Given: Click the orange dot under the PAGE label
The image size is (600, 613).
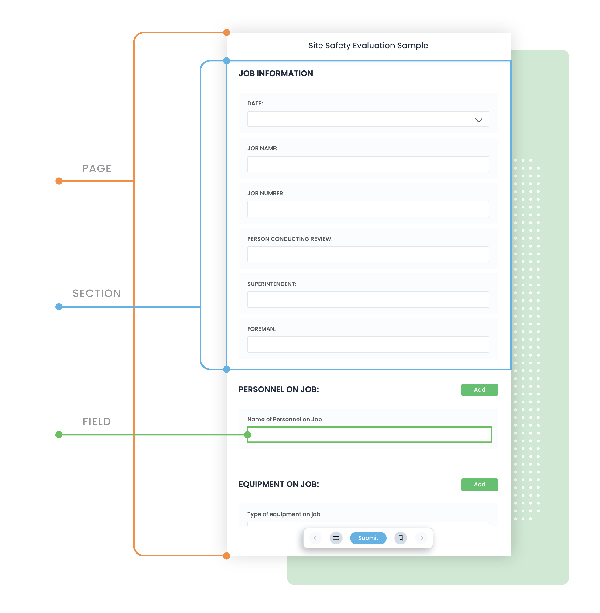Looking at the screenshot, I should click(59, 181).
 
